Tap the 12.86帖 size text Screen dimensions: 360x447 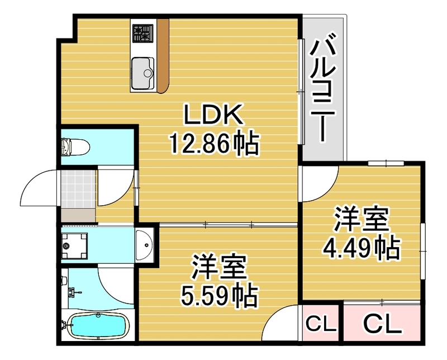click(213, 145)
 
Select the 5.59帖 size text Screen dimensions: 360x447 click(220, 295)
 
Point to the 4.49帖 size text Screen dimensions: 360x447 click(361, 247)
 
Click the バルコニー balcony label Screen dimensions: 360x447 click(324, 89)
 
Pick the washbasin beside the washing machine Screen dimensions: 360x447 click(144, 244)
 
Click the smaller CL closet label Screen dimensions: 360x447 click(320, 323)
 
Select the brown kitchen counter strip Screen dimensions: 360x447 click(163, 56)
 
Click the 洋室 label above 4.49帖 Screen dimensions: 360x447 click(361, 220)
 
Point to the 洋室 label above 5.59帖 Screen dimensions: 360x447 click(220, 267)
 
